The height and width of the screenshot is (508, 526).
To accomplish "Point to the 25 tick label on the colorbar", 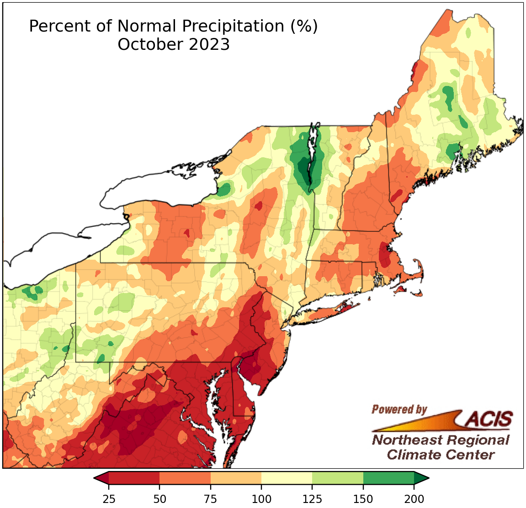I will (x=109, y=498).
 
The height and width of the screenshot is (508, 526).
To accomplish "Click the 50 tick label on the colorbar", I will (x=159, y=498).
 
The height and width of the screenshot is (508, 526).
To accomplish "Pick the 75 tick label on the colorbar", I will (x=211, y=498).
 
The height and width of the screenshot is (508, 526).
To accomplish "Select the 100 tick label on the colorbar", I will (x=261, y=498).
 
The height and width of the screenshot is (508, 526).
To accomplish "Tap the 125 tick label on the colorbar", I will (x=313, y=498).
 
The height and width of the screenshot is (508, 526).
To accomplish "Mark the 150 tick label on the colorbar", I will (x=363, y=498).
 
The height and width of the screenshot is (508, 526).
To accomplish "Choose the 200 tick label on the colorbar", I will (x=414, y=498).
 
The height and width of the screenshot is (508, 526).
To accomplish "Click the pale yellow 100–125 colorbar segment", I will (x=287, y=478).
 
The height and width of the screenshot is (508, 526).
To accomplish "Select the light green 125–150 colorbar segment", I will (x=338, y=478).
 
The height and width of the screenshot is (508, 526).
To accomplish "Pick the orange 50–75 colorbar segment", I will (x=185, y=478).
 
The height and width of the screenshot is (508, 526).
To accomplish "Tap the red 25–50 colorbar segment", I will (x=134, y=478).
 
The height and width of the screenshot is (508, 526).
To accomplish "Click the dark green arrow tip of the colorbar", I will (x=421, y=478).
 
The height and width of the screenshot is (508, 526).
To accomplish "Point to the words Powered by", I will (x=399, y=409).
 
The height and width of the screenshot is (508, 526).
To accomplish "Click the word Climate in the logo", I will (x=410, y=455).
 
